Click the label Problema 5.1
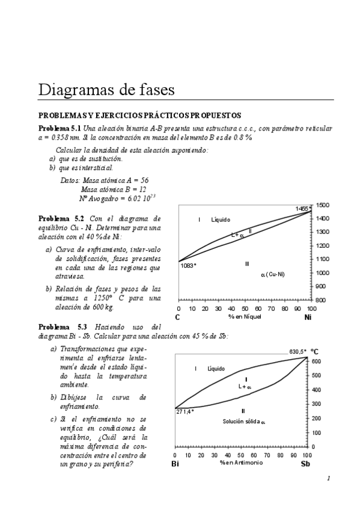(59, 129)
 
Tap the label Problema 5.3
(61, 326)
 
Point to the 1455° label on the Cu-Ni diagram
(302, 209)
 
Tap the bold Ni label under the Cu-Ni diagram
(308, 317)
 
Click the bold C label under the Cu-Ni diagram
(177, 317)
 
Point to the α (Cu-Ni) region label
(273, 275)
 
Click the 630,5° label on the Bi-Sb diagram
(298, 351)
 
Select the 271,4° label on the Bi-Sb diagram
(185, 412)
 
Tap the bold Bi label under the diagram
(175, 464)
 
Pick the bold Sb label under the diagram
(305, 464)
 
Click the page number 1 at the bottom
(329, 478)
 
